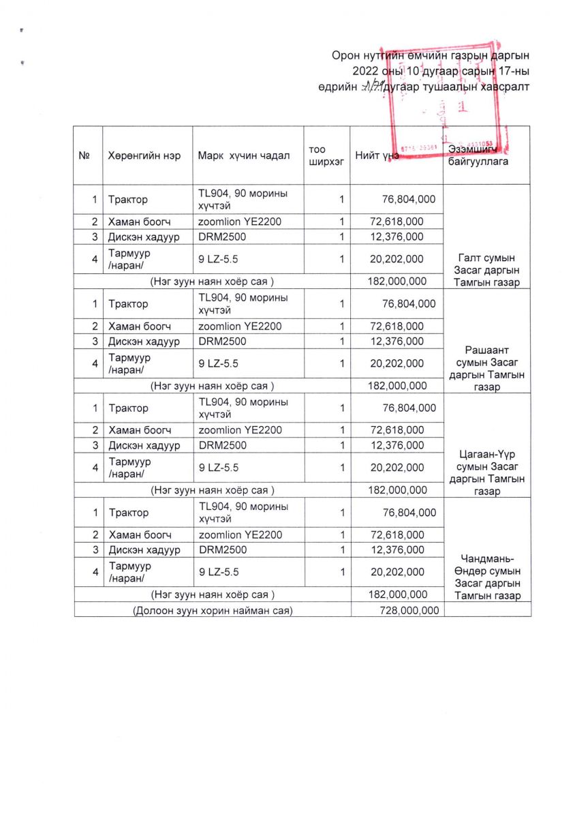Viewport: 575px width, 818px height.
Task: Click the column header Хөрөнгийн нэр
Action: [144, 155]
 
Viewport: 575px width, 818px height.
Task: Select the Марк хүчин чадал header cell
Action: [243, 155]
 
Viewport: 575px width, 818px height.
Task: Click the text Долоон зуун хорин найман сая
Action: [213, 610]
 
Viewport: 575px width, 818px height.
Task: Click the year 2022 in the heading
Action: [365, 71]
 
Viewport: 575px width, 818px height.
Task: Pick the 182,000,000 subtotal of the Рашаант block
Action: [397, 385]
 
